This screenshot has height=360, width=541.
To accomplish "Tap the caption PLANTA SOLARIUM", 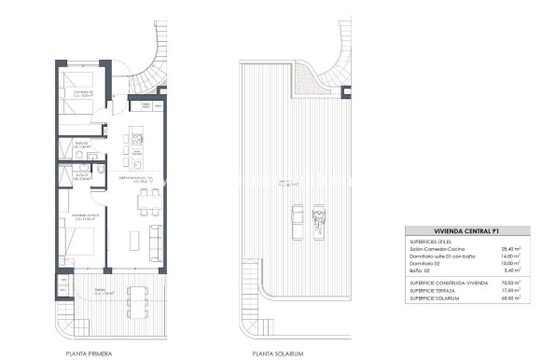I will coord(278,353).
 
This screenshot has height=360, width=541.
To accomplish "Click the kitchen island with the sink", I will coord(136,143).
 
